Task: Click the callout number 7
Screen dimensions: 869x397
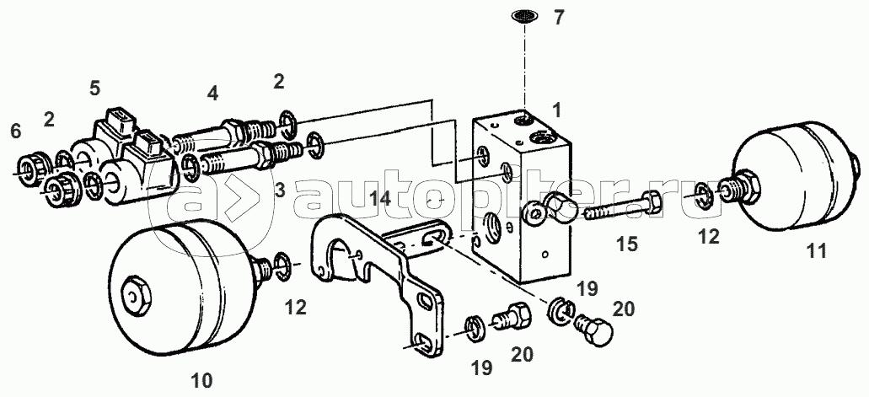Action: [559, 17]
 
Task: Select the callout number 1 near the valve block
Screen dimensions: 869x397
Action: [557, 110]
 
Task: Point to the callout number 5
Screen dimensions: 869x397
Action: [94, 88]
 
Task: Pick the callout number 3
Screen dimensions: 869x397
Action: [279, 191]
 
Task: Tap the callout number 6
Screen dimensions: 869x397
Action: [15, 131]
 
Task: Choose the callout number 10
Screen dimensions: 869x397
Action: [201, 380]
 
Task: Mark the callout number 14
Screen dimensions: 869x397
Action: [381, 199]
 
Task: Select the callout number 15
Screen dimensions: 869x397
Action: [628, 244]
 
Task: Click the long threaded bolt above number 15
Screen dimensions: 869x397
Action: [620, 208]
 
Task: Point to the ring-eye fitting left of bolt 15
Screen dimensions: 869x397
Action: [549, 207]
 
